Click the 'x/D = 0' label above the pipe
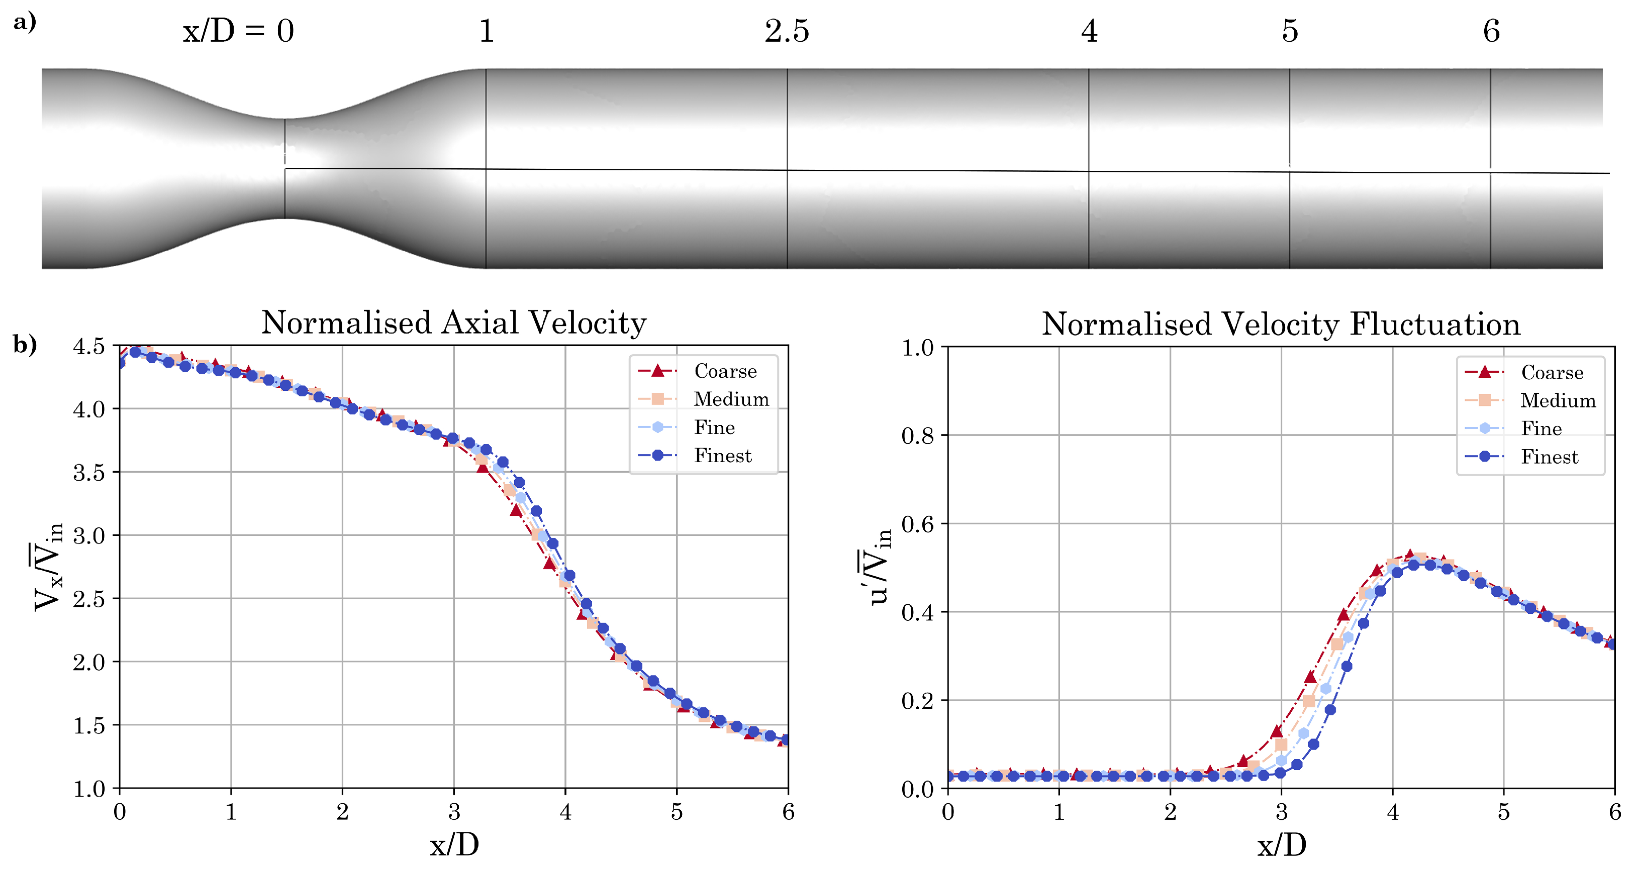pos(238,31)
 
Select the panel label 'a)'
pos(25,22)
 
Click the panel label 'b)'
pos(25,345)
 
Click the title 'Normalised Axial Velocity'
pos(454,323)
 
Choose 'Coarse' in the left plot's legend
pos(725,371)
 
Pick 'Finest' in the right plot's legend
pos(1549,457)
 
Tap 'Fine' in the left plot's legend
pos(714,427)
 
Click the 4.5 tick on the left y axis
pos(88,347)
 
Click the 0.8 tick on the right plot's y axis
pos(917,436)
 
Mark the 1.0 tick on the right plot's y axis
pos(917,348)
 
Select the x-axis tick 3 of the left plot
pos(454,812)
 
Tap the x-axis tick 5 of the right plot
pos(1503,812)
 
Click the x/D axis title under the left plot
pos(454,845)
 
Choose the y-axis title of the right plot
pos(880,567)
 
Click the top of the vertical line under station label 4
pos(1089,70)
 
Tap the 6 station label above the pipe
pos(1491,31)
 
